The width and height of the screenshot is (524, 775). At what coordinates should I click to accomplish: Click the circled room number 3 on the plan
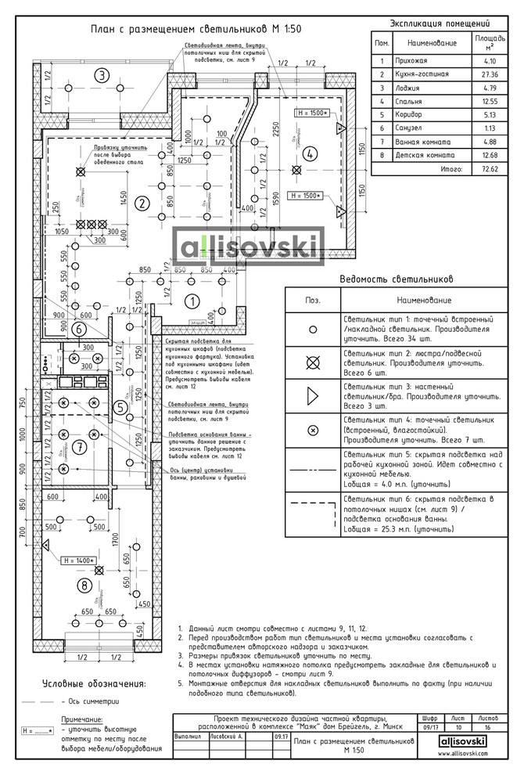[x=101, y=75]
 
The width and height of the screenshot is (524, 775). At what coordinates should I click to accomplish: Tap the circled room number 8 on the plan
[x=84, y=584]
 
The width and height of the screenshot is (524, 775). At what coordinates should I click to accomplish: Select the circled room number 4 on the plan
[x=310, y=153]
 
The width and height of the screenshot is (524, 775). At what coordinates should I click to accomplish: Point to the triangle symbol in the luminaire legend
[x=313, y=396]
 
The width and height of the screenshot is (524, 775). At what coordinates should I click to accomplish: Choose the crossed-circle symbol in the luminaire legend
[x=313, y=362]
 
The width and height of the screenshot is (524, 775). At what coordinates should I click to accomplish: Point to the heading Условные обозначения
[x=95, y=683]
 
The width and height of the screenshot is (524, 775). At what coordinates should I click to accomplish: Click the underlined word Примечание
[x=82, y=718]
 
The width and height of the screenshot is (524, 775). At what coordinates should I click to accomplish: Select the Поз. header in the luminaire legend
[x=313, y=300]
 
